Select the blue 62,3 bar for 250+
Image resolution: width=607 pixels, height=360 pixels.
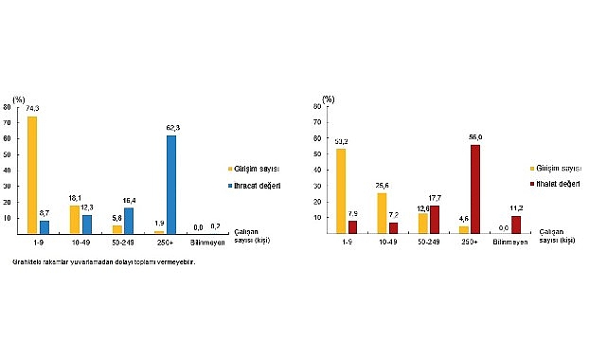(170, 185)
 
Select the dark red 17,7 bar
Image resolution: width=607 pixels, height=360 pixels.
(435, 220)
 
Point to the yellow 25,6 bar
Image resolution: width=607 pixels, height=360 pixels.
(382, 213)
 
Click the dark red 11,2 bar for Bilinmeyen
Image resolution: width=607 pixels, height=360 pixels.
(516, 225)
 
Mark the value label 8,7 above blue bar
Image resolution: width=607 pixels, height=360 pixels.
(45, 214)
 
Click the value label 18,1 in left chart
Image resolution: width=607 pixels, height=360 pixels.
(74, 199)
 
